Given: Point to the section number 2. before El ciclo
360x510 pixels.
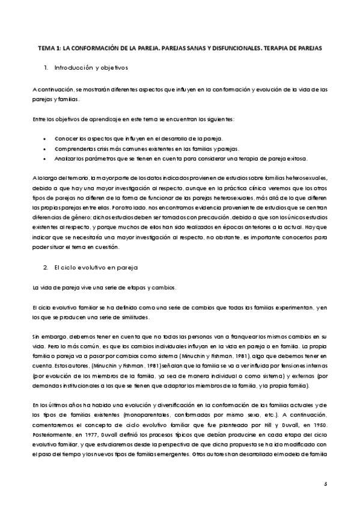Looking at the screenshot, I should (45, 266).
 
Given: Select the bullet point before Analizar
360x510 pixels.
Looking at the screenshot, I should (46, 159).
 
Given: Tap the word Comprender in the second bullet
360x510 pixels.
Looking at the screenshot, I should (70, 149).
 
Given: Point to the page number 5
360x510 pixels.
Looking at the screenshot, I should (325, 484).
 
